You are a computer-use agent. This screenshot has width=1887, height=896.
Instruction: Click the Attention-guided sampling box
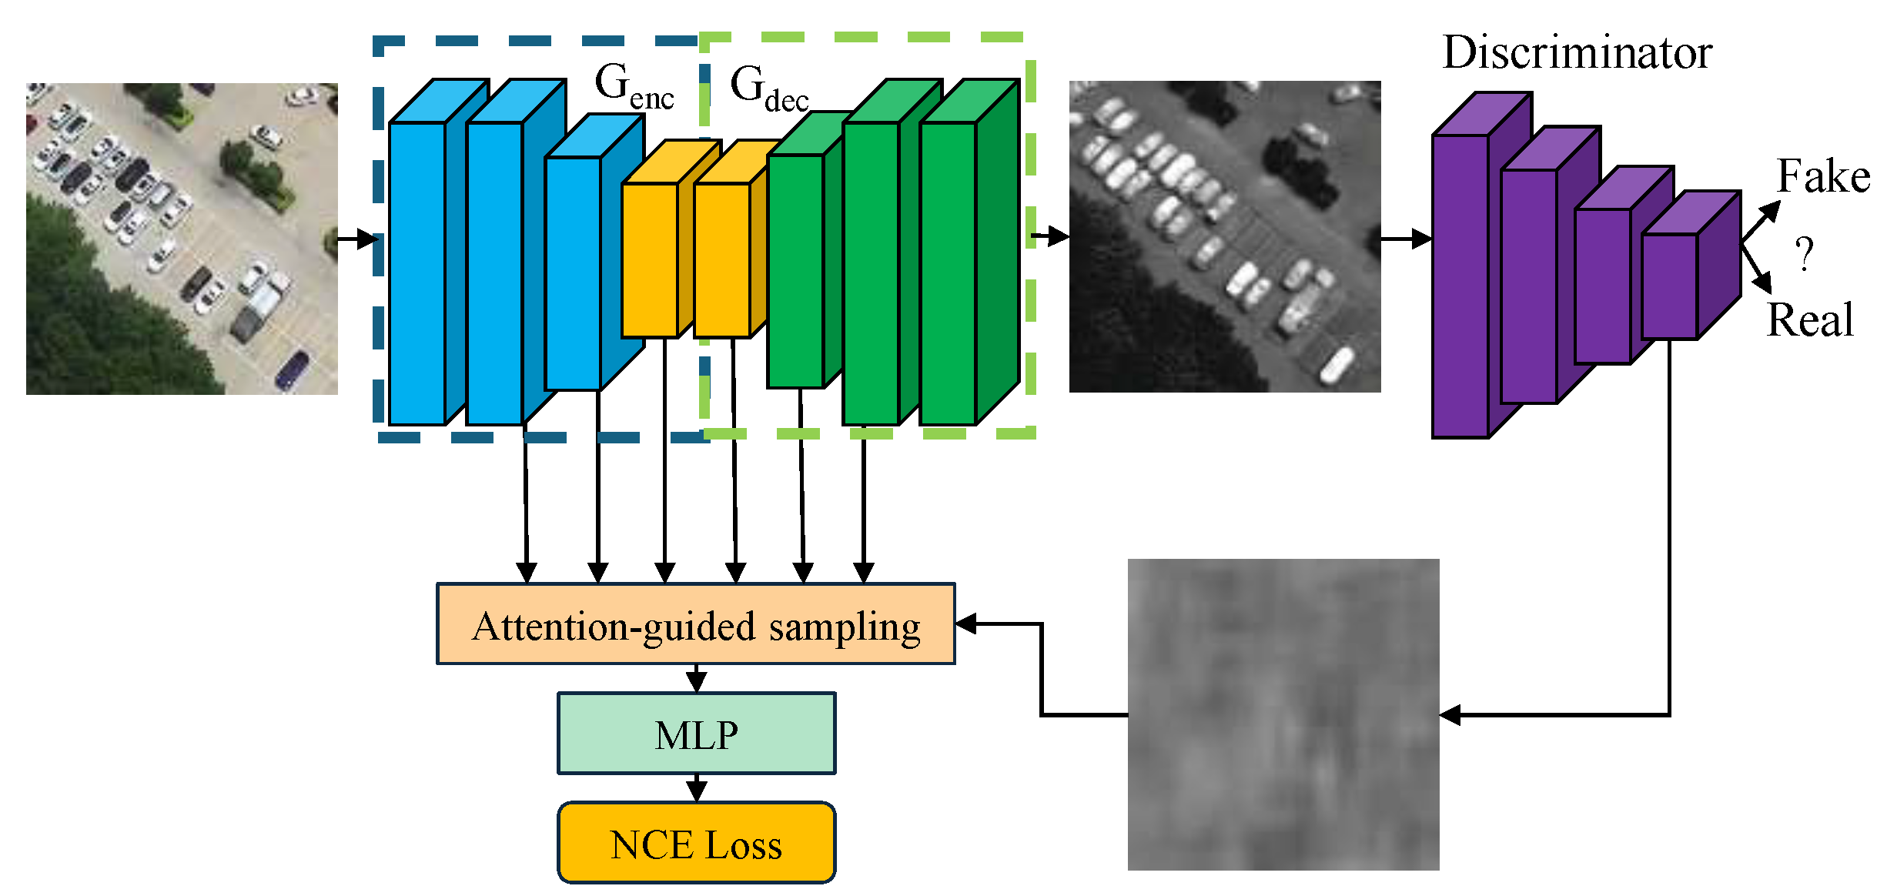pyautogui.click(x=695, y=624)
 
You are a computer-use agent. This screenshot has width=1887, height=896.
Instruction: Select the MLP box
pyautogui.click(x=696, y=734)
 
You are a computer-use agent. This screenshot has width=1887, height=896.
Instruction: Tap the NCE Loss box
pyautogui.click(x=696, y=843)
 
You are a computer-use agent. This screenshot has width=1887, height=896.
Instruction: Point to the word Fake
pyautogui.click(x=1822, y=177)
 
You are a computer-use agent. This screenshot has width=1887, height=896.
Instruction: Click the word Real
pyautogui.click(x=1809, y=320)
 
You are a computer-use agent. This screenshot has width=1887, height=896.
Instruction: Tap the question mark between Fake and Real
pyautogui.click(x=1804, y=254)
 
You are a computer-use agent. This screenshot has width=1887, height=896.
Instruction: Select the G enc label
pyautogui.click(x=633, y=86)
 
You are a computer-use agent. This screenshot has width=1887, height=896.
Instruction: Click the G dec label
pyautogui.click(x=768, y=89)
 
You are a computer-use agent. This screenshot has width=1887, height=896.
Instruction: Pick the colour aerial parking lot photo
pyautogui.click(x=182, y=239)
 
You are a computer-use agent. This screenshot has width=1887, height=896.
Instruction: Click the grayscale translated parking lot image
pyautogui.click(x=1224, y=236)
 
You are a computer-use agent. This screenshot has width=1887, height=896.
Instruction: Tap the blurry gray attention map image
pyautogui.click(x=1283, y=714)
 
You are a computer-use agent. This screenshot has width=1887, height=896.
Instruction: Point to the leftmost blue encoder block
pyautogui.click(x=417, y=273)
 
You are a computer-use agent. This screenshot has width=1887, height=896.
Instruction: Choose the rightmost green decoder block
pyautogui.click(x=949, y=273)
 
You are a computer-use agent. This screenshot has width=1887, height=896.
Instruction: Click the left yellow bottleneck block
pyautogui.click(x=649, y=260)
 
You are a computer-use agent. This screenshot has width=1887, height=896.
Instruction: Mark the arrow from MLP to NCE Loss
pyautogui.click(x=696, y=787)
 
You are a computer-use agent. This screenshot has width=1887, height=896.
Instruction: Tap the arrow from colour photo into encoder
pyautogui.click(x=357, y=239)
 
